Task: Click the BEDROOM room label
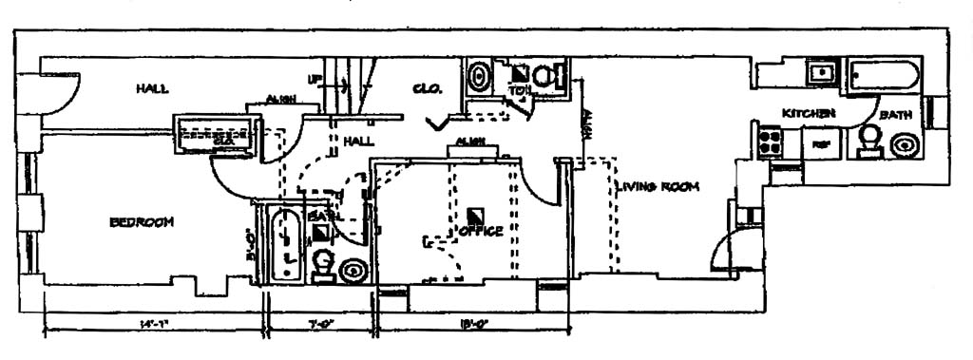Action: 142,222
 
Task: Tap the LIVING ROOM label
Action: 657,187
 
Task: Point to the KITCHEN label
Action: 809,114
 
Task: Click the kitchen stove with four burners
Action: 768,142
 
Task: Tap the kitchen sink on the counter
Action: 817,70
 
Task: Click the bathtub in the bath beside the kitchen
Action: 884,75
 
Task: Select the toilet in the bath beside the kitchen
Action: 868,140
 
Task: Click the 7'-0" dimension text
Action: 319,326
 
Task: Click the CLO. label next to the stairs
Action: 424,89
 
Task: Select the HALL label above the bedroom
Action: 152,88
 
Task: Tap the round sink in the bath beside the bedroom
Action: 353,269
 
